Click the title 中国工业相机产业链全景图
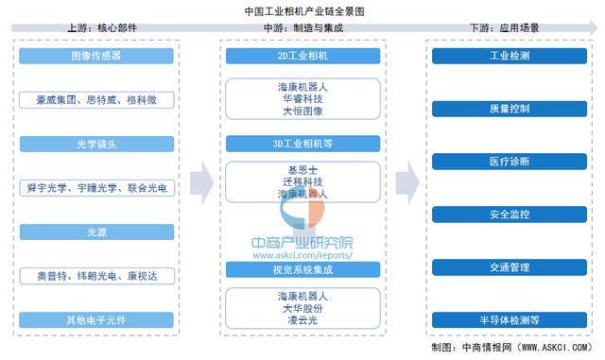[302, 10]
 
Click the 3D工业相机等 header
[302, 144]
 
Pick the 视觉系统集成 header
[302, 267]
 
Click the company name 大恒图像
[302, 111]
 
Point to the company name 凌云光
[302, 322]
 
